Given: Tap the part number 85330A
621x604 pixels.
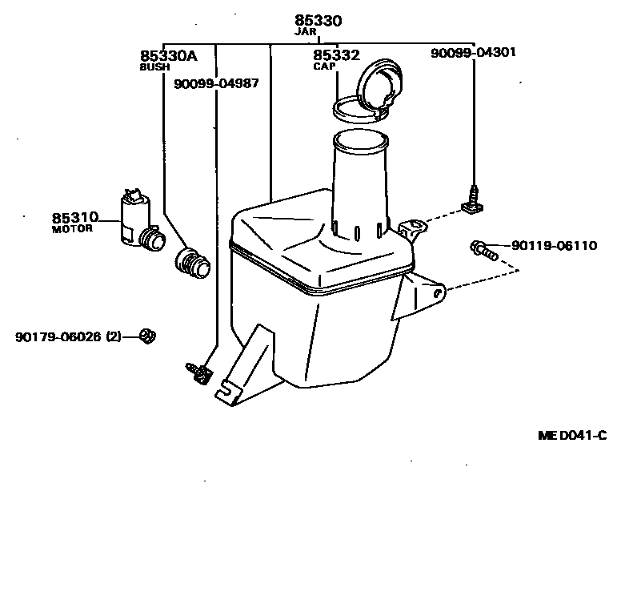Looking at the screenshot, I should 168,56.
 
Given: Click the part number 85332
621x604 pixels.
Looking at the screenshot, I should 336,56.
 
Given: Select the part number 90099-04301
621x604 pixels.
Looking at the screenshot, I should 473,53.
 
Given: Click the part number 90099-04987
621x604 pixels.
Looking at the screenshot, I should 216,83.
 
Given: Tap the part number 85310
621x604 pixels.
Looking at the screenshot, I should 75,218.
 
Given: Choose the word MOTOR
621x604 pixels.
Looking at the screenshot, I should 72,229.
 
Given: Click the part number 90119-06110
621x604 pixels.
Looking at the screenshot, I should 554,246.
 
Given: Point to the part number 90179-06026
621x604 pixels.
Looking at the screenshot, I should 58,337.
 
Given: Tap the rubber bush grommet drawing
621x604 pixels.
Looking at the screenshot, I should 192,263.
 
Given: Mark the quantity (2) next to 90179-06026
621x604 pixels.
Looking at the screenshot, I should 113,337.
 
